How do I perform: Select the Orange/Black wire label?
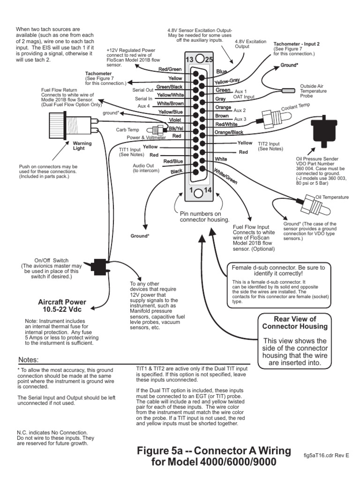[x=228, y=133]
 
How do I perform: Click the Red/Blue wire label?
[x=172, y=162]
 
